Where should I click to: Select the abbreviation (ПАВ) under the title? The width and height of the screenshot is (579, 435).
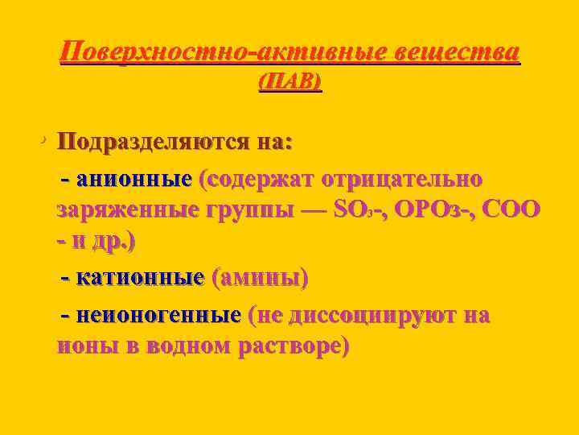(x=289, y=82)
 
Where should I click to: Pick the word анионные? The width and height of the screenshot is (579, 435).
(x=133, y=178)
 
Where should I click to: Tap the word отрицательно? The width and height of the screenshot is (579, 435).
(x=402, y=178)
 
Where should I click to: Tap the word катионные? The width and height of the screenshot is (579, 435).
(x=140, y=279)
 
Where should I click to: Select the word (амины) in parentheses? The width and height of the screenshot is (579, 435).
(x=258, y=279)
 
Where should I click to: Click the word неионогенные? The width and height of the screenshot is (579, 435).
(x=158, y=314)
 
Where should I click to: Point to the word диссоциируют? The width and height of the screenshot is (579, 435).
(x=369, y=314)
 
